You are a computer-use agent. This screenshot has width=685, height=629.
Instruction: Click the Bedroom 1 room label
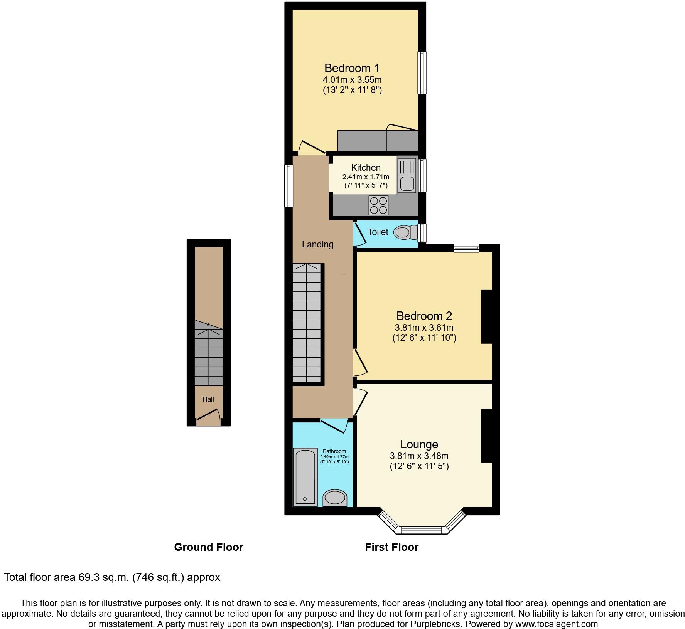(352, 68)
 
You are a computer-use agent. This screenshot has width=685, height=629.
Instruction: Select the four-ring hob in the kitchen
(378, 205)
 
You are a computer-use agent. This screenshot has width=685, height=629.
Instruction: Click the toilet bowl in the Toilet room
(402, 232)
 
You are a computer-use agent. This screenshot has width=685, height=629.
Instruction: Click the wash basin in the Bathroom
(335, 498)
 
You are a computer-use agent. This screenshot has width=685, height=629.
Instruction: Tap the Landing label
(317, 244)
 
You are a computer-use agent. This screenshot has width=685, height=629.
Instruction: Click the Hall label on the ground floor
(208, 399)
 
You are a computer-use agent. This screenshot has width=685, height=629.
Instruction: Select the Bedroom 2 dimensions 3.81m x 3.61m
(424, 328)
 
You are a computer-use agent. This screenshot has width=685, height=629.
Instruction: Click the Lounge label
(419, 444)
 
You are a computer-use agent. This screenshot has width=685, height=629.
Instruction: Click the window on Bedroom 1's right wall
(422, 72)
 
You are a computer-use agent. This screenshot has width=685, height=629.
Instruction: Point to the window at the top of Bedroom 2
(466, 248)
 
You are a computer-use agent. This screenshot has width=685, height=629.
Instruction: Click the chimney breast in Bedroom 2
(487, 316)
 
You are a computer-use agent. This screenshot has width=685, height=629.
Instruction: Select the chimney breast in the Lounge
(487, 436)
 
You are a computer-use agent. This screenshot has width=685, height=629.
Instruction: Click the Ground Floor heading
(208, 547)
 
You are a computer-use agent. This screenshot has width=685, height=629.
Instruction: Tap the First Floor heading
(391, 547)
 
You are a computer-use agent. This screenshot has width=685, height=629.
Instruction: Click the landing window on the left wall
(288, 186)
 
